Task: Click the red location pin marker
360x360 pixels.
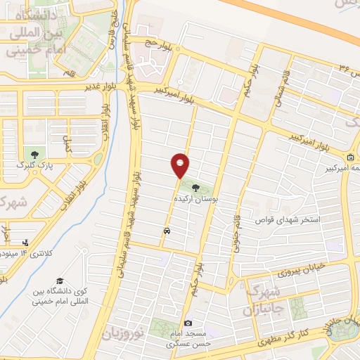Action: pyautogui.click(x=181, y=165)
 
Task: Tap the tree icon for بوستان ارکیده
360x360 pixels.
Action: pyautogui.click(x=194, y=188)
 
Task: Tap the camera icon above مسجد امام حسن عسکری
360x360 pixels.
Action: pyautogui.click(x=188, y=323)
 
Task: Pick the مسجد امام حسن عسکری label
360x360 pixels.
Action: pyautogui.click(x=187, y=340)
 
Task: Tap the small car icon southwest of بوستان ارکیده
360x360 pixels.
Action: pyautogui.click(x=167, y=230)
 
